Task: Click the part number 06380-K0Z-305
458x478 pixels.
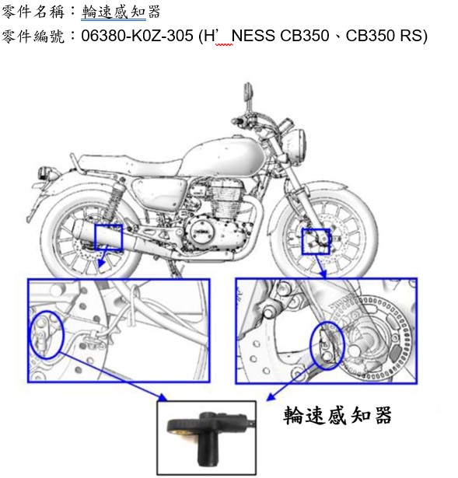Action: click(137, 36)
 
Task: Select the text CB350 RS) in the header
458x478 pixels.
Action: click(386, 36)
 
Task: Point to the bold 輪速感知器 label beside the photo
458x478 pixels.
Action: click(337, 415)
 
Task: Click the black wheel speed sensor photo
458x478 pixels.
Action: click(206, 438)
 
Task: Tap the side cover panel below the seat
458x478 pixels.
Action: click(159, 193)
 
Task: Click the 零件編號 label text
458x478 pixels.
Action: click(33, 37)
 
